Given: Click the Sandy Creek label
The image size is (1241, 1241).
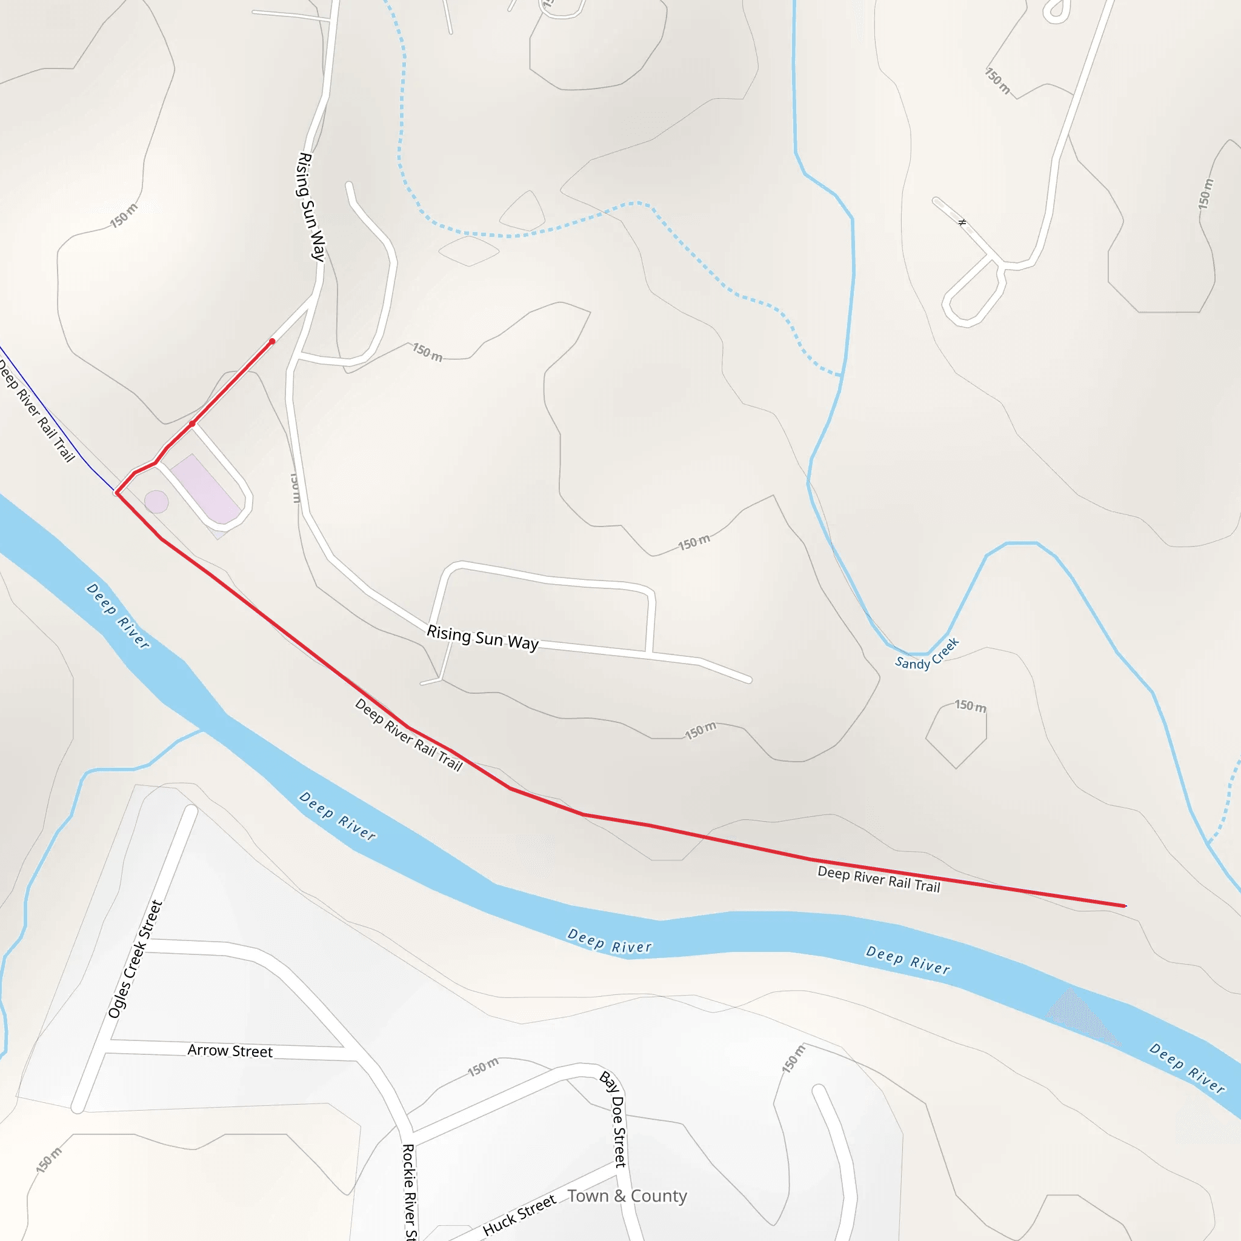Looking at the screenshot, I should [927, 654].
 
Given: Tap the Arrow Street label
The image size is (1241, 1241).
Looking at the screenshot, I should [230, 1051].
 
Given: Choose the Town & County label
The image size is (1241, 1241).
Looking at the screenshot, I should [627, 1196].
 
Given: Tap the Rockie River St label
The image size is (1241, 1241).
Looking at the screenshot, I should [409, 1191].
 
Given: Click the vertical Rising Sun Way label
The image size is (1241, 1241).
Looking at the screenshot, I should [311, 207].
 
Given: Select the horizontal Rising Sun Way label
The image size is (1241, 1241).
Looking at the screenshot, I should [482, 638].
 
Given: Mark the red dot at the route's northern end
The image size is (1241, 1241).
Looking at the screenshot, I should [272, 342].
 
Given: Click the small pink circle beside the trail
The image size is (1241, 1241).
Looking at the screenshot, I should [156, 502].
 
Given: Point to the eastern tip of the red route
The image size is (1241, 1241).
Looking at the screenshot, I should [1125, 906].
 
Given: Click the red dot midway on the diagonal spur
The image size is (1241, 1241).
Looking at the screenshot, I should [192, 424].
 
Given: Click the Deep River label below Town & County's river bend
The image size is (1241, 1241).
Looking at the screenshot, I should [609, 942].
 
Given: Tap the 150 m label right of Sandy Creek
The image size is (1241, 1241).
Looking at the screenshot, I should [970, 706].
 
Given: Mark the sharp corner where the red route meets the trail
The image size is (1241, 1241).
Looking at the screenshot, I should [116, 493].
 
